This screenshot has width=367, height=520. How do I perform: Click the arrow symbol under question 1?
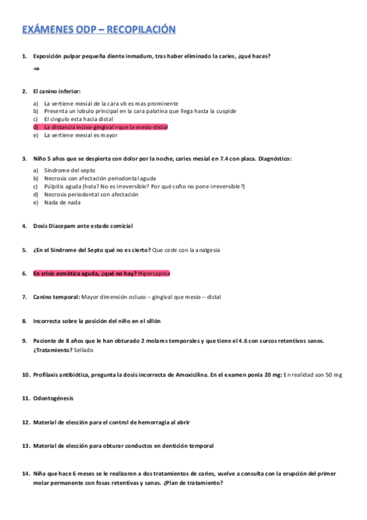(36, 69)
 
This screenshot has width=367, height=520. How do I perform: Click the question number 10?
(26, 375)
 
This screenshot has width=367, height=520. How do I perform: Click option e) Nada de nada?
(62, 202)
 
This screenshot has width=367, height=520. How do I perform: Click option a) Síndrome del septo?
(70, 170)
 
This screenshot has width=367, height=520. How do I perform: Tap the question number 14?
(26, 473)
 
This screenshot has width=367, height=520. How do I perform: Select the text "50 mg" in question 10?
(334, 375)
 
